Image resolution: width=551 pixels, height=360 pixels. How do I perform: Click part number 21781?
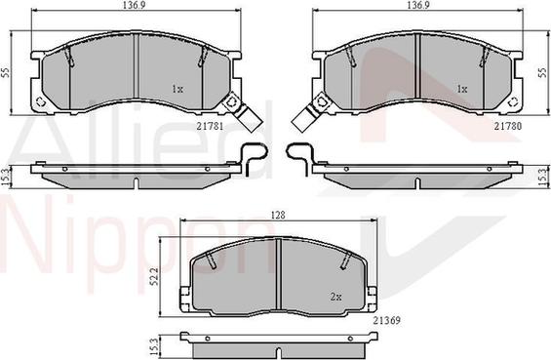210,126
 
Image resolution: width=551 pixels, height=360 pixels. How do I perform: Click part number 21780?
508,126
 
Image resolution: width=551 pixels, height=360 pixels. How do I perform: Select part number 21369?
386,320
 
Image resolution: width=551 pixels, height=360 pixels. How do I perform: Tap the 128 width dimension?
278,216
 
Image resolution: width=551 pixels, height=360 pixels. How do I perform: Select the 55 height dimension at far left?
5,73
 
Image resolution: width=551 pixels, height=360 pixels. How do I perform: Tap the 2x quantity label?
335,297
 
